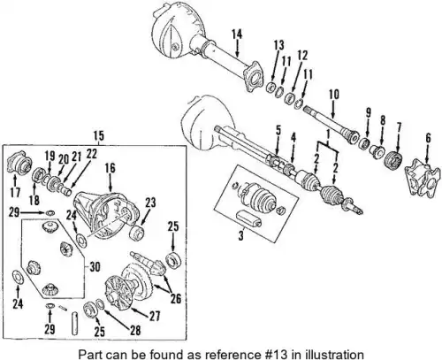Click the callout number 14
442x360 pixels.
[237, 34]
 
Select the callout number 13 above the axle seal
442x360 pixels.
[278, 45]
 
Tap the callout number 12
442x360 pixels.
[302, 55]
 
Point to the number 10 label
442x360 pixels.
[334, 95]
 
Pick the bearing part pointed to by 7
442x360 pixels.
[394, 161]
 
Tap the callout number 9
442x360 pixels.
[368, 112]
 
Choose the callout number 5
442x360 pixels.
[278, 131]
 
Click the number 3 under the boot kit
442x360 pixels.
[241, 235]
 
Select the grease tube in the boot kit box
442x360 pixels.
[248, 218]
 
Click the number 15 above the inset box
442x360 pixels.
[99, 135]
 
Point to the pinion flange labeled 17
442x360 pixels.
[19, 163]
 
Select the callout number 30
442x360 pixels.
[95, 267]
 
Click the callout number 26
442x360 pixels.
[176, 299]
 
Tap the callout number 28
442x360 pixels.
[135, 330]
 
